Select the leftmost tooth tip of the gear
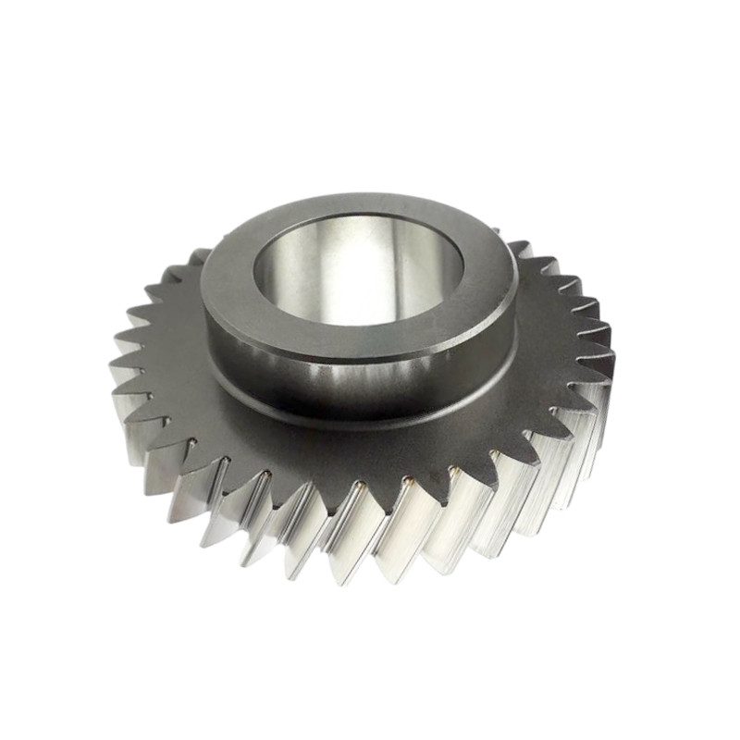[113, 370]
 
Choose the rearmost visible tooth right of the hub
[518, 246]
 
